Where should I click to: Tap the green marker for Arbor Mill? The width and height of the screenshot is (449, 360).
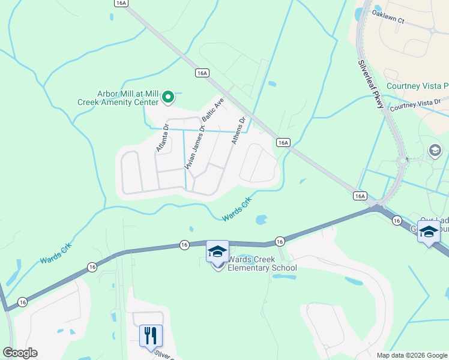pyautogui.click(x=169, y=95)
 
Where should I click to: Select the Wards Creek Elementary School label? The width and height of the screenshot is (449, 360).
pyautogui.click(x=262, y=264)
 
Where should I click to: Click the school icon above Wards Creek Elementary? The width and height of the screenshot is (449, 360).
pyautogui.click(x=217, y=252)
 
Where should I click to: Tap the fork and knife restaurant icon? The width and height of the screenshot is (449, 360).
pyautogui.click(x=151, y=335)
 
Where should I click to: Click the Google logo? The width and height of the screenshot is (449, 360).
pyautogui.click(x=20, y=353)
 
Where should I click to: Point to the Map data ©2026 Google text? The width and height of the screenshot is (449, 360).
pyautogui.click(x=412, y=355)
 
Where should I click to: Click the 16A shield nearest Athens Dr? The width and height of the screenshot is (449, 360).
pyautogui.click(x=283, y=143)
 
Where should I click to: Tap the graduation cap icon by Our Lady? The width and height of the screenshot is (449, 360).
pyautogui.click(x=428, y=232)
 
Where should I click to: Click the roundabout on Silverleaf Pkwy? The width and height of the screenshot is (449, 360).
pyautogui.click(x=403, y=160)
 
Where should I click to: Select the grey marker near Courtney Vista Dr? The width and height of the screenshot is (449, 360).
pyautogui.click(x=435, y=150)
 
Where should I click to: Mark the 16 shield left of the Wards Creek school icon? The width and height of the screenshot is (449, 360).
pyautogui.click(x=184, y=244)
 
